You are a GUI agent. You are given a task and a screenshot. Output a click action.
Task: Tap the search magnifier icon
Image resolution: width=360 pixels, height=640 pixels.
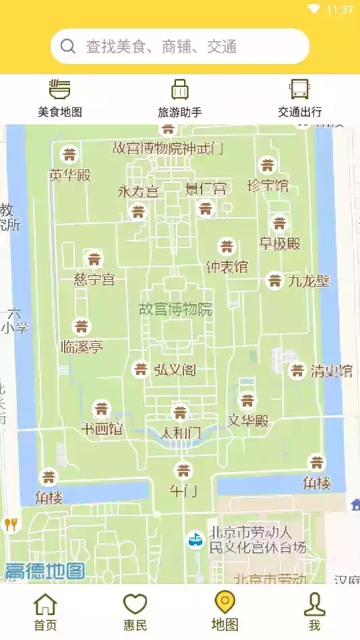point(67,46)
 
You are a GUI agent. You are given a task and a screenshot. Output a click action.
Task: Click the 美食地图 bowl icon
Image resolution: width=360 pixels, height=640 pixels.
point(60,89)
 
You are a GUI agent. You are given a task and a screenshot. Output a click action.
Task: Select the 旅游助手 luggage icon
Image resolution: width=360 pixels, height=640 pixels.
point(179,89)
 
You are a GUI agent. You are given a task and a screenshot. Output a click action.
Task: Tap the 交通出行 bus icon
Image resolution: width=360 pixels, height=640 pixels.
point(299,89)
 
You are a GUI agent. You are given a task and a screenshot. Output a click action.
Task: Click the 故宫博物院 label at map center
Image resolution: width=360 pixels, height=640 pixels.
point(175,310)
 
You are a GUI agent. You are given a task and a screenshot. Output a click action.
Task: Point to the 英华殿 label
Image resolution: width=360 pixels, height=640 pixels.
point(69,175)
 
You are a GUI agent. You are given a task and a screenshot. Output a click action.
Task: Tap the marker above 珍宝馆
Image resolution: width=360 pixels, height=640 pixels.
point(268,165)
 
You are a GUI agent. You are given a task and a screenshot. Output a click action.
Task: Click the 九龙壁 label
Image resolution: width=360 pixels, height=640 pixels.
point(309,281)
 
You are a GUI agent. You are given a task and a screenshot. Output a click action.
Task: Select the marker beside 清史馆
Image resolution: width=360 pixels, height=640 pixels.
point(297,370)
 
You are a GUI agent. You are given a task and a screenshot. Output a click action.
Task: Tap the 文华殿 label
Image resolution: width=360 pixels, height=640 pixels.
point(248,421)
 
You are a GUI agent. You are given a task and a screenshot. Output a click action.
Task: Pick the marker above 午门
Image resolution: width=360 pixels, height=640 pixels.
point(183,470)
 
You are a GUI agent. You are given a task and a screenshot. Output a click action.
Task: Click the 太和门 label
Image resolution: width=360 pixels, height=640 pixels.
point(180,432)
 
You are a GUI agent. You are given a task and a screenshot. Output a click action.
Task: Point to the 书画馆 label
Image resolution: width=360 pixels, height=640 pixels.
point(101,428)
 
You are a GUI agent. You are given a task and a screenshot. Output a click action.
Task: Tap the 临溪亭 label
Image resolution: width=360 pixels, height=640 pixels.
point(82,347)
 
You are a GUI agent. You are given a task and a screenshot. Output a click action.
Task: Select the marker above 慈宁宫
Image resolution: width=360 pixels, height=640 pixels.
point(94,259)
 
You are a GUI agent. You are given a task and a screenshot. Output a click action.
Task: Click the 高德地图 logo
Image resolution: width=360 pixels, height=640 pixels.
point(45,571)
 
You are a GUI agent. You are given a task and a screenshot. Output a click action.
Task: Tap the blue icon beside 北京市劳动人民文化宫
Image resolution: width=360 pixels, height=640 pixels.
point(195,539)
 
